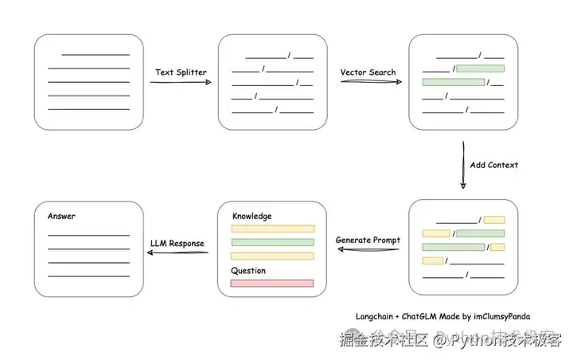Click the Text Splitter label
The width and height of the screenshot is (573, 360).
tap(181, 72)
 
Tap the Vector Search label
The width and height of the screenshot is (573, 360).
tap(368, 72)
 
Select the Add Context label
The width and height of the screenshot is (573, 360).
tap(493, 165)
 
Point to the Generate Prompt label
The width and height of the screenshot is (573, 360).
tap(368, 240)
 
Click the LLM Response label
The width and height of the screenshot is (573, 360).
tap(177, 243)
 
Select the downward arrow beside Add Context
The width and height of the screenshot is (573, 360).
tap(463, 166)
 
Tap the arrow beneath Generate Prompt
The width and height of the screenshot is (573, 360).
tap(368, 250)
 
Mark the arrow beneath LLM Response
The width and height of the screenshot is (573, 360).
tap(177, 254)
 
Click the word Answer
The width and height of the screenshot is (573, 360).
tap(61, 216)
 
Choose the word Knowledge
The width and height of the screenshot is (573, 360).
tap(251, 216)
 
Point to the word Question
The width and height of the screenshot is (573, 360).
tap(248, 271)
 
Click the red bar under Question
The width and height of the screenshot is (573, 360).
tap(272, 283)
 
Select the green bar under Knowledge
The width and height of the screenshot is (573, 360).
tap(272, 242)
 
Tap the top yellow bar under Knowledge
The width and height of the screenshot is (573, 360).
tap(272, 229)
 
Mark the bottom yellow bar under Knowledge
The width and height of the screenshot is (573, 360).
tap(272, 256)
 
